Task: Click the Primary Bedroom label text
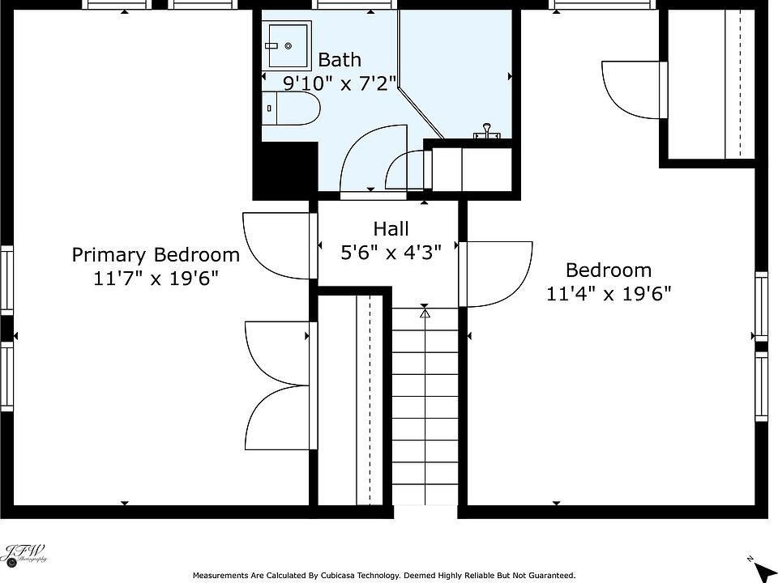click(156, 255)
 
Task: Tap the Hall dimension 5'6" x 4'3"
click(391, 253)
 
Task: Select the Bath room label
click(340, 59)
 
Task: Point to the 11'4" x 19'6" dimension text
click(609, 294)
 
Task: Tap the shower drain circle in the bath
click(289, 46)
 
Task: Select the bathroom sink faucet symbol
click(487, 131)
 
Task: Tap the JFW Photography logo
click(25, 554)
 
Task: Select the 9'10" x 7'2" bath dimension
click(340, 83)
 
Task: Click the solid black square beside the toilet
click(285, 169)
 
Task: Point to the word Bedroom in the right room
click(609, 270)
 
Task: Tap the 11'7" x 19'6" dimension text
click(156, 279)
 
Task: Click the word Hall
click(391, 229)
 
